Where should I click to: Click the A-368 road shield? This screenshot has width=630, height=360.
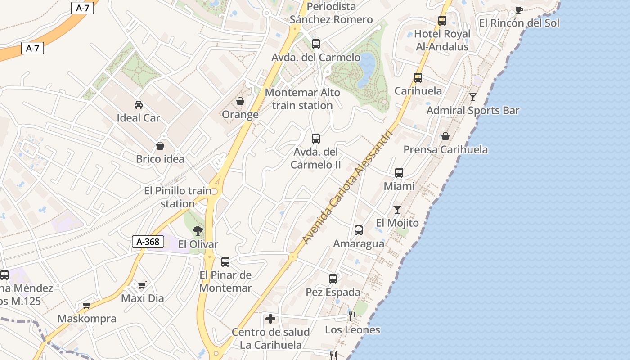click(148, 242)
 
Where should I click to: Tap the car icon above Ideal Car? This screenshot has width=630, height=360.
click(139, 105)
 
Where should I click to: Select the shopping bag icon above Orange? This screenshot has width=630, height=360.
click(240, 101)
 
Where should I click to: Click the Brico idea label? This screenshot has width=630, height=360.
click(160, 159)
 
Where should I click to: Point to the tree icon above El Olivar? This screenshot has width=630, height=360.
click(198, 231)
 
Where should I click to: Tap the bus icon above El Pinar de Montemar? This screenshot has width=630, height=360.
click(225, 261)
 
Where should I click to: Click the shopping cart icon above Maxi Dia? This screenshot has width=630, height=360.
click(142, 285)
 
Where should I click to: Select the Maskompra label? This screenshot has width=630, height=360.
click(87, 319)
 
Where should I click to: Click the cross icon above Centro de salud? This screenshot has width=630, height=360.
click(270, 319)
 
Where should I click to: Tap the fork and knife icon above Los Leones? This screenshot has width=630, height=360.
click(352, 316)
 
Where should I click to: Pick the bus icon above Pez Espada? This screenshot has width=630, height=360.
click(333, 279)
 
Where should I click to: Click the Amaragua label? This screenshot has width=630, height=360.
click(359, 244)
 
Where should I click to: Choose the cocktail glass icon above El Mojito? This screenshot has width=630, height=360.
click(397, 210)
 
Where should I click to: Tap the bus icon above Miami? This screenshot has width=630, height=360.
click(399, 173)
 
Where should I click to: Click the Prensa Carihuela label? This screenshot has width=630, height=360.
click(445, 150)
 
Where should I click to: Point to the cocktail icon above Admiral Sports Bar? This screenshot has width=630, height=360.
click(473, 97)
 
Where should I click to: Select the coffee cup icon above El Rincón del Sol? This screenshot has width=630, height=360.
click(519, 10)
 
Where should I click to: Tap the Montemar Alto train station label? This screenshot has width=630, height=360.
click(302, 99)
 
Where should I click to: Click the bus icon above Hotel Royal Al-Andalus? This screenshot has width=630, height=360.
click(442, 21)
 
